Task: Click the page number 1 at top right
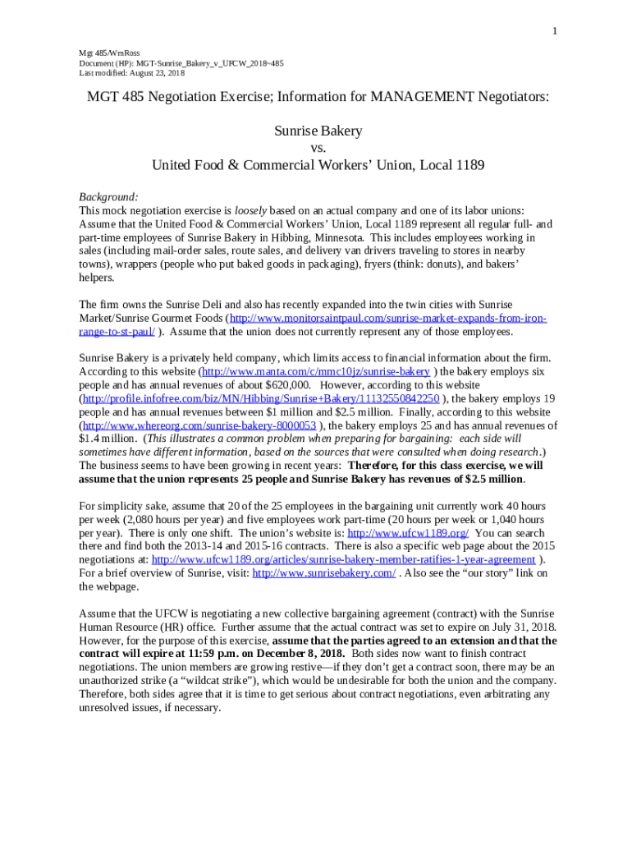[555, 31]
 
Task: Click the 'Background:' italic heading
[108, 197]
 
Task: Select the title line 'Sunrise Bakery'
[318, 131]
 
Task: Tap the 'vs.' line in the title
[318, 148]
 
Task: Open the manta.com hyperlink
[315, 371]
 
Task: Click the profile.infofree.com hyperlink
[261, 398]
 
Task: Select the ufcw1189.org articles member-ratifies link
[343, 560]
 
